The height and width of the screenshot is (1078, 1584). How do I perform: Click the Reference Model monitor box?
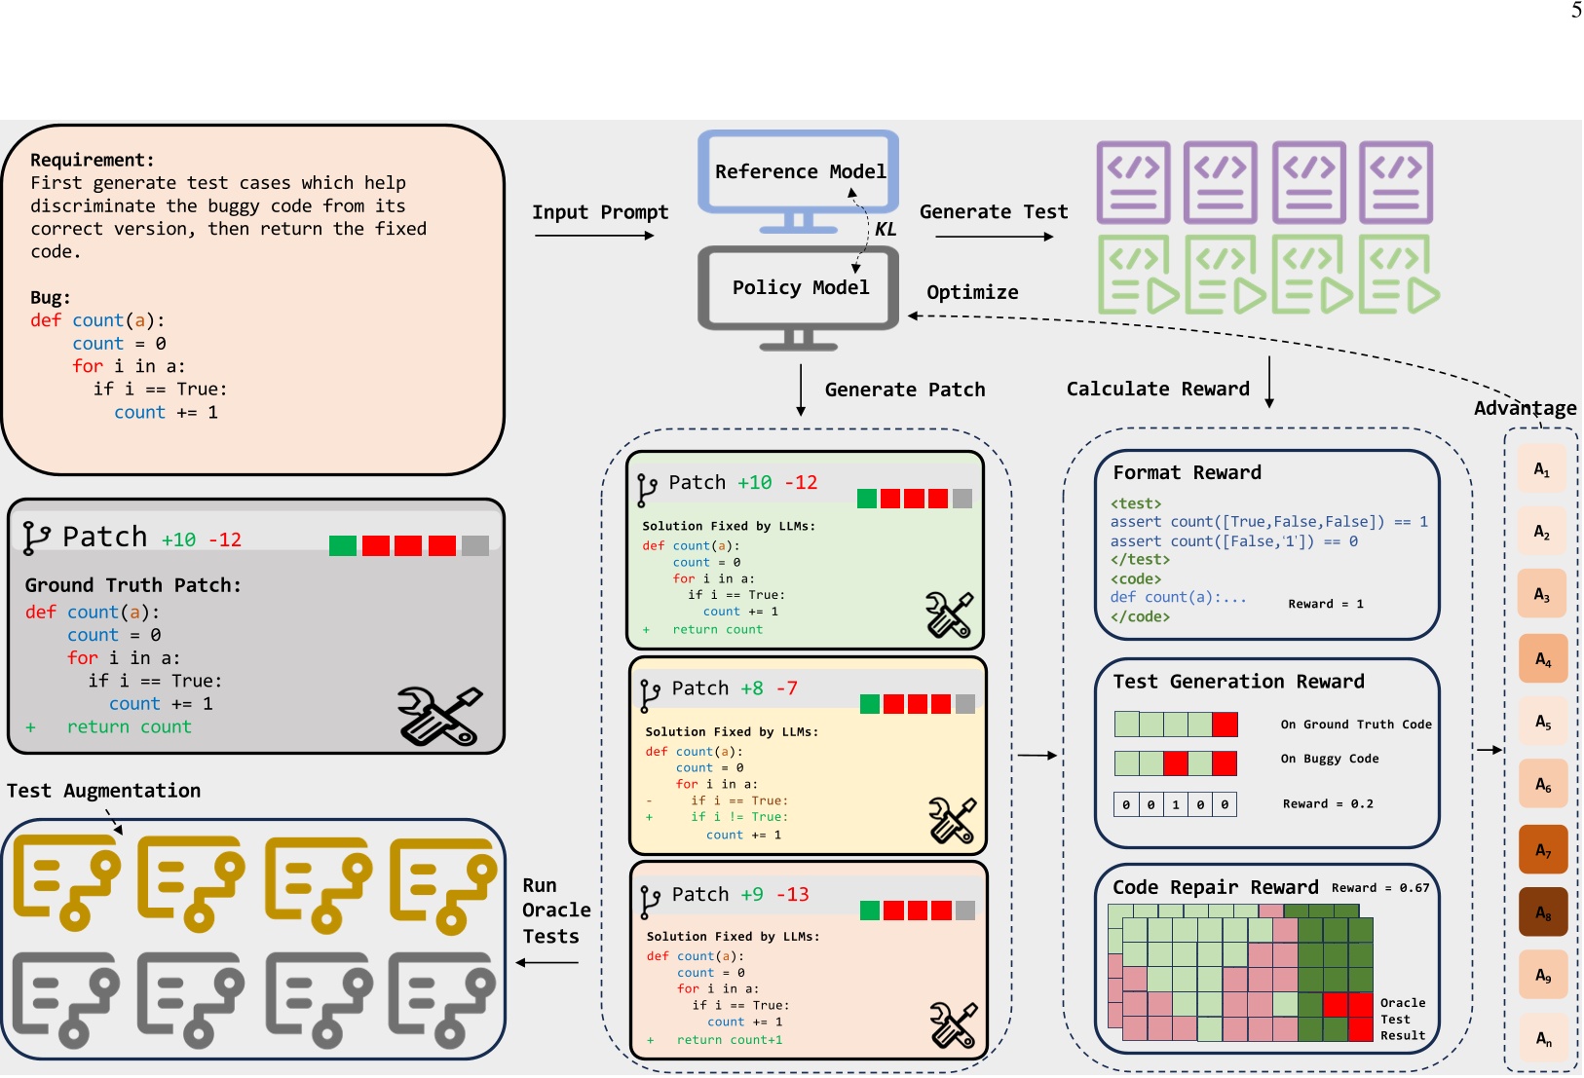click(799, 171)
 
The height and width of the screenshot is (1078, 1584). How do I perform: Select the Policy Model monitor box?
click(799, 287)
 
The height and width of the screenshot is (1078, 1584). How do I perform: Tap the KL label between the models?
click(885, 230)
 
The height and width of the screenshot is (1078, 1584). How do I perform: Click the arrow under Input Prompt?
click(594, 236)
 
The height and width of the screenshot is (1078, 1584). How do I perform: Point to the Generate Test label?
click(994, 212)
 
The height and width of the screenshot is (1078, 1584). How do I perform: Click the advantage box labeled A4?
click(1542, 659)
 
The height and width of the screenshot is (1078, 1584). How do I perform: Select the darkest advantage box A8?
click(1542, 912)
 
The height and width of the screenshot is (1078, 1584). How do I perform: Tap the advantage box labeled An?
click(1542, 1039)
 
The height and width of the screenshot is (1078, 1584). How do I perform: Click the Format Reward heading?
click(1187, 473)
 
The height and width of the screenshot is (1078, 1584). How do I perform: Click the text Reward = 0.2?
click(1327, 804)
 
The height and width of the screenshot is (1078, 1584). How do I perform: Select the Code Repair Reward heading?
click(1215, 887)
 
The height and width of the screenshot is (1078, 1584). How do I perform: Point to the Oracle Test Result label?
click(1402, 1019)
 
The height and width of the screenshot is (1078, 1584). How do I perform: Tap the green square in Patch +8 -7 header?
click(870, 704)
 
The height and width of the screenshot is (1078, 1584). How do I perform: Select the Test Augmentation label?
click(104, 791)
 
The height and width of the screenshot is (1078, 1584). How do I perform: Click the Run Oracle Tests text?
click(555, 911)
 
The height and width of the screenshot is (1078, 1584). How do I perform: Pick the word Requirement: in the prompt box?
click(92, 160)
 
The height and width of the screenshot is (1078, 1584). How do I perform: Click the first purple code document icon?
click(1133, 182)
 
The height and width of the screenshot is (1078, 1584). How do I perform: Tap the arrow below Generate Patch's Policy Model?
click(801, 390)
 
